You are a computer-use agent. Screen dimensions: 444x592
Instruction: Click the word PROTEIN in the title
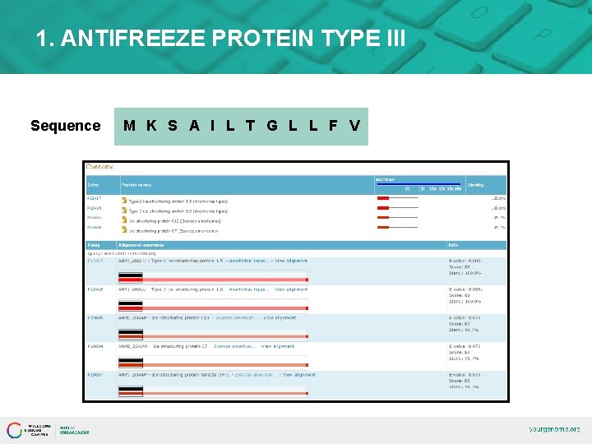coord(270,38)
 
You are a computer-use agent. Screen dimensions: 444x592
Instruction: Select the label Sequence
coord(65,126)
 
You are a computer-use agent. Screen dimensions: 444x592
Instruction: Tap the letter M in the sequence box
coord(129,126)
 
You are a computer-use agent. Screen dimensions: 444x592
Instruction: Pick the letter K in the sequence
coord(151,126)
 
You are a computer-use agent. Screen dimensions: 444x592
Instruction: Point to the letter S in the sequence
coord(173,126)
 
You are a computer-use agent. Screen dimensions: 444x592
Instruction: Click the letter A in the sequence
coord(194,126)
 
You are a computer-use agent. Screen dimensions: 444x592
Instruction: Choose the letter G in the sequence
coord(272,126)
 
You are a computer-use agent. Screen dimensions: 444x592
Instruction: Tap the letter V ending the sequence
coord(354,126)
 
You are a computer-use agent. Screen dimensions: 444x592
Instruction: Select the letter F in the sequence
coord(333,126)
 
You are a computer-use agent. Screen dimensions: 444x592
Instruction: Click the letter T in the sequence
coord(250,126)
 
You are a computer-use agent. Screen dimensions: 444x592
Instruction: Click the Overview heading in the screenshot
coord(100,167)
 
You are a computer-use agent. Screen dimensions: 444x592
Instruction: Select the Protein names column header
coord(137,184)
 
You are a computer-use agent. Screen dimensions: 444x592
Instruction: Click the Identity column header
coord(475,184)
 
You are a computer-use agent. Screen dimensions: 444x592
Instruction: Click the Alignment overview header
coord(141,245)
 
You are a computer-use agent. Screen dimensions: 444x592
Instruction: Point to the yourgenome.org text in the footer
coord(554,429)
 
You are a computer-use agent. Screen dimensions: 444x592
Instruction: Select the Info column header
coord(453,245)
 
